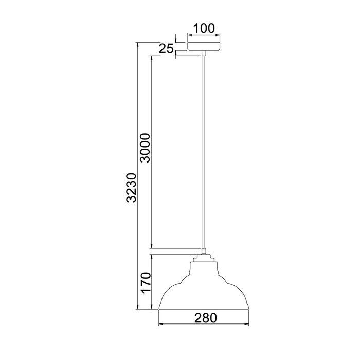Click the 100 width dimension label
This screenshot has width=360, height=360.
204,28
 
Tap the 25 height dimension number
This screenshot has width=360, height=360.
166,49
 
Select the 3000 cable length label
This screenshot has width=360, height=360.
145,148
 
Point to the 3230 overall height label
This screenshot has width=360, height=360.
131,188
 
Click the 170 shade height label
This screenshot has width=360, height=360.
146,283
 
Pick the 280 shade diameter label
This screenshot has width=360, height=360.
206,318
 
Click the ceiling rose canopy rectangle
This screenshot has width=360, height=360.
204,46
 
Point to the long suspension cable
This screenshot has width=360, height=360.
204,152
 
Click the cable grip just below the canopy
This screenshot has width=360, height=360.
204,53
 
